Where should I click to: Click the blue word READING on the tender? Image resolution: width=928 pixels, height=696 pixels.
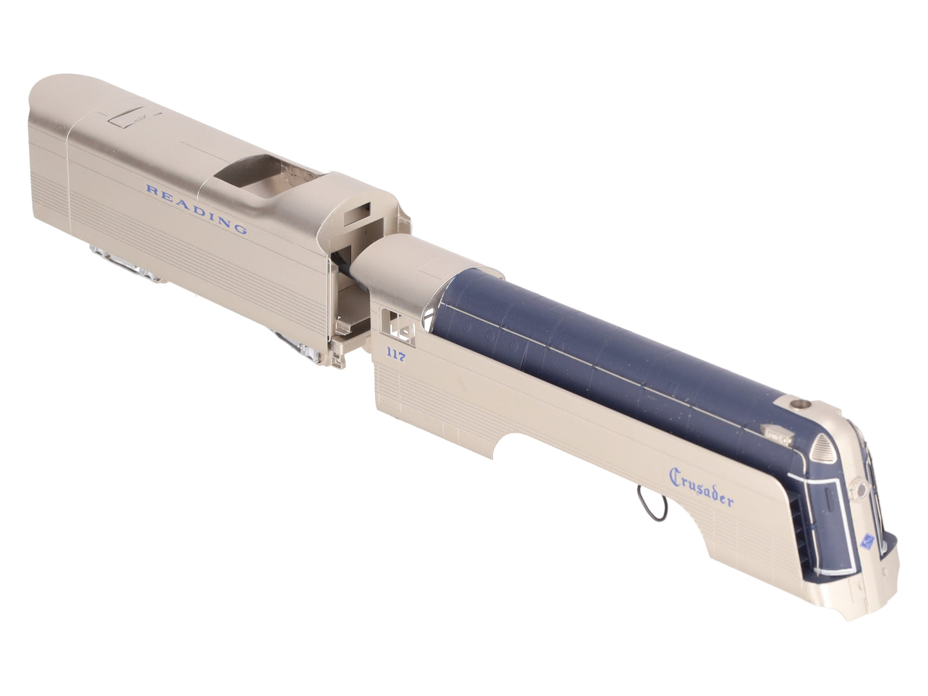[x=196, y=209]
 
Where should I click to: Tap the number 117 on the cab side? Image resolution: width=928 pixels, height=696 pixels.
[x=396, y=354]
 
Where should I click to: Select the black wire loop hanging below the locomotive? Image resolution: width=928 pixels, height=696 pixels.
[x=652, y=504]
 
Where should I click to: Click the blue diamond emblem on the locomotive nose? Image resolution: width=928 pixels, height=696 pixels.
[x=867, y=542]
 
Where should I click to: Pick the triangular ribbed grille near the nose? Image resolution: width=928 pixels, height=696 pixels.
[x=823, y=449]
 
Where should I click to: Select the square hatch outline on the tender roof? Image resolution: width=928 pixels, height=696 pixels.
[x=126, y=117]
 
